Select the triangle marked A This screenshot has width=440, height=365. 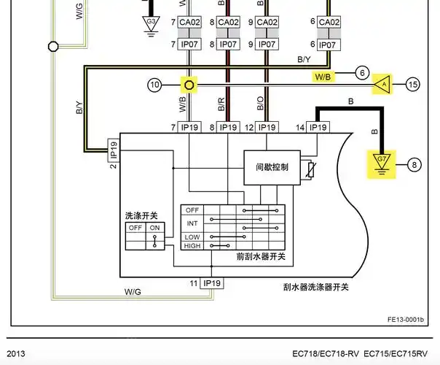381,84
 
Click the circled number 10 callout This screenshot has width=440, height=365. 154,85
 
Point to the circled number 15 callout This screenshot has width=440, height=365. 413,85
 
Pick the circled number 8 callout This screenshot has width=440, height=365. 413,164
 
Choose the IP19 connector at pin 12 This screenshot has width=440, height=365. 267,127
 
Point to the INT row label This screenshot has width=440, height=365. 192,223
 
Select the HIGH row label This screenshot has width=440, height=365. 192,246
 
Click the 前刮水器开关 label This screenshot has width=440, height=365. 260,256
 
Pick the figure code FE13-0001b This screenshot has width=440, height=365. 406,319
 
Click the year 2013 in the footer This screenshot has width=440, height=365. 16,354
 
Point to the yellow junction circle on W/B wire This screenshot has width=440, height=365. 189,85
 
